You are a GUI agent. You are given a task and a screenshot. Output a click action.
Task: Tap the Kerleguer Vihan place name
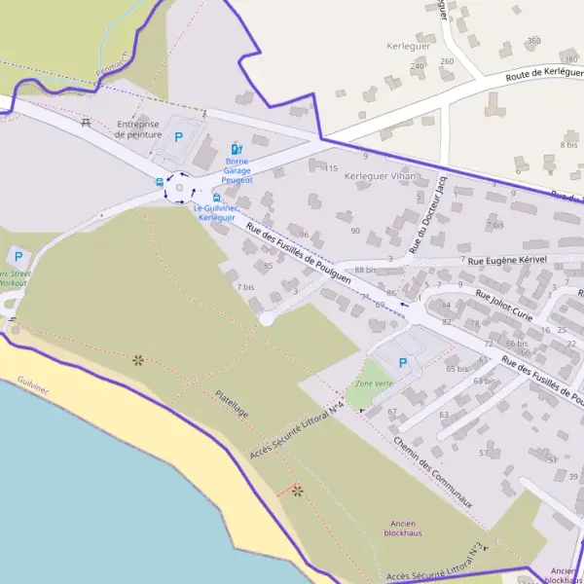pos(380,176)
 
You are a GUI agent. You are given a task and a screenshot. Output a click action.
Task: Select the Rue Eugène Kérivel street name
pos(507,261)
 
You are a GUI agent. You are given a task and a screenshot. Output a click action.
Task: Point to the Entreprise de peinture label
pos(137,129)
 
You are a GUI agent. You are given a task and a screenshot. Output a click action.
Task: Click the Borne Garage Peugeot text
pos(237,170)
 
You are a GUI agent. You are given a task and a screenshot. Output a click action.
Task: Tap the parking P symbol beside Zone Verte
pos(404,363)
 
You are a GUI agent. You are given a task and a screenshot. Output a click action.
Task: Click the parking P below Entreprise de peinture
pos(178,137)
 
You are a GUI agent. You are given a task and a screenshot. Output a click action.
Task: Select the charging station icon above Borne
pos(237,149)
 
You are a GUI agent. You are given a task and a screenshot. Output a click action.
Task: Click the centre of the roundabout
pos(180,188)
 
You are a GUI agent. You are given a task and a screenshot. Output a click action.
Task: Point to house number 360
pos(532,41)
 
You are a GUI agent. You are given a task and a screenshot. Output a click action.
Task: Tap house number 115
pos(331,168)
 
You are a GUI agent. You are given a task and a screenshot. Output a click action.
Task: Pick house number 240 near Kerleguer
pos(418,66)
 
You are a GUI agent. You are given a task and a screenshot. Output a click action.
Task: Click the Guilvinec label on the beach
pos(31,389)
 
